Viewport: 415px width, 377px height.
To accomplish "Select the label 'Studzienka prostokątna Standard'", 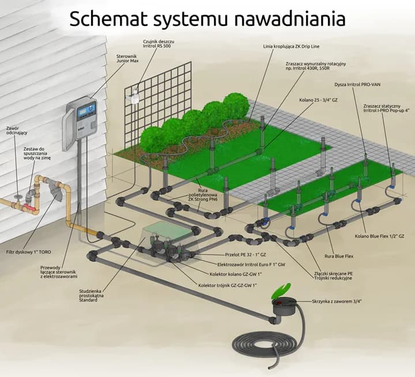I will pyautogui.click(x=92, y=295).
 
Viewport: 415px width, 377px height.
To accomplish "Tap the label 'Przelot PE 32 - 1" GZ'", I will pyautogui.click(x=247, y=254).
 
